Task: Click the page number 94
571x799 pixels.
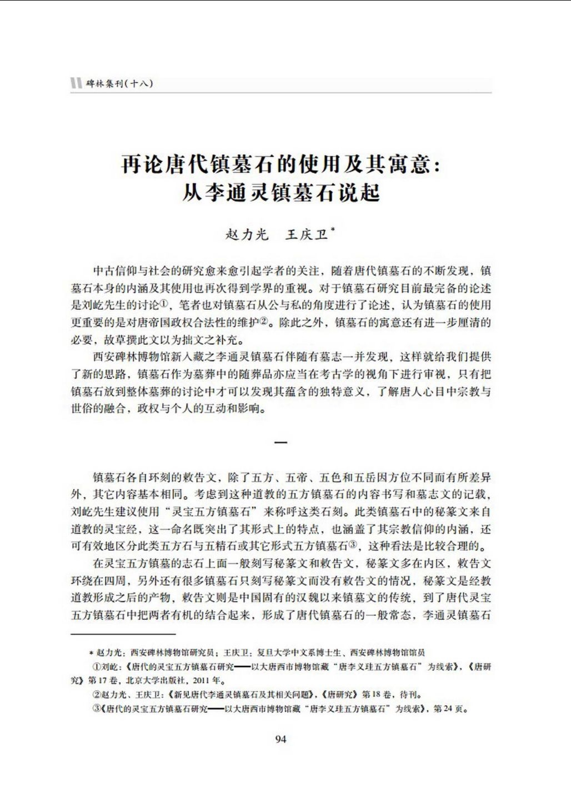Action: (281, 738)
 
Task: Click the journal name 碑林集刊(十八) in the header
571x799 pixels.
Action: (119, 84)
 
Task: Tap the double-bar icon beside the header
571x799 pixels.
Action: (76, 84)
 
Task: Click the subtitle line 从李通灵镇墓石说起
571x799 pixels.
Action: (281, 193)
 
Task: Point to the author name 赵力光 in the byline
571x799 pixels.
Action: (247, 234)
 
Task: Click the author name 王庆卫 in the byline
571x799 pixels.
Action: (305, 234)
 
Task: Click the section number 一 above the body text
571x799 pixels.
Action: (281, 443)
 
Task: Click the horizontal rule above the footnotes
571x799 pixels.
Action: (123, 634)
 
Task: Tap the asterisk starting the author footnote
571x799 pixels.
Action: (91, 653)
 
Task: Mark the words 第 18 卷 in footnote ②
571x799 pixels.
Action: (377, 694)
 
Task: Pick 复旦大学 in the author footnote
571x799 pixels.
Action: (251, 652)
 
